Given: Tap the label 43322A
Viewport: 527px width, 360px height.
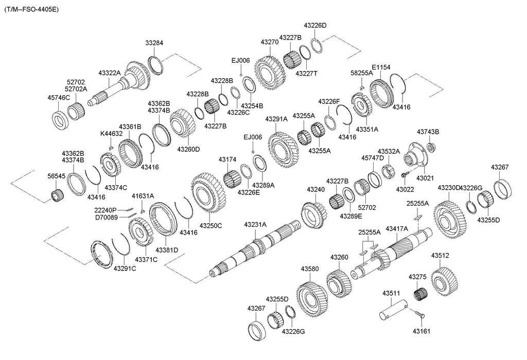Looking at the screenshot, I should pos(110,73).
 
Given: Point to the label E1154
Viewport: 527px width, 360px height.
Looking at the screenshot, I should pos(381,67).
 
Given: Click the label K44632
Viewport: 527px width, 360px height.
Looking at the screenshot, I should pos(111,134).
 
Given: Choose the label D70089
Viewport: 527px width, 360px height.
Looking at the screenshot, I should pos(106,217).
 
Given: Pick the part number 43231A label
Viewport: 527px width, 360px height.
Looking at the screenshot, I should pos(255,225).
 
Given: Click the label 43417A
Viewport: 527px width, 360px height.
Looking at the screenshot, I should pos(397,228).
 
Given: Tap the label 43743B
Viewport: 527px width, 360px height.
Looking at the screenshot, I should pos(428,132).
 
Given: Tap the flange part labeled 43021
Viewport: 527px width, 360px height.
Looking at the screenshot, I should pos(416,154).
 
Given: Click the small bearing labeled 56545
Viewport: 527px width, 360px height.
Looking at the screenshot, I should pos(56,195).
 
